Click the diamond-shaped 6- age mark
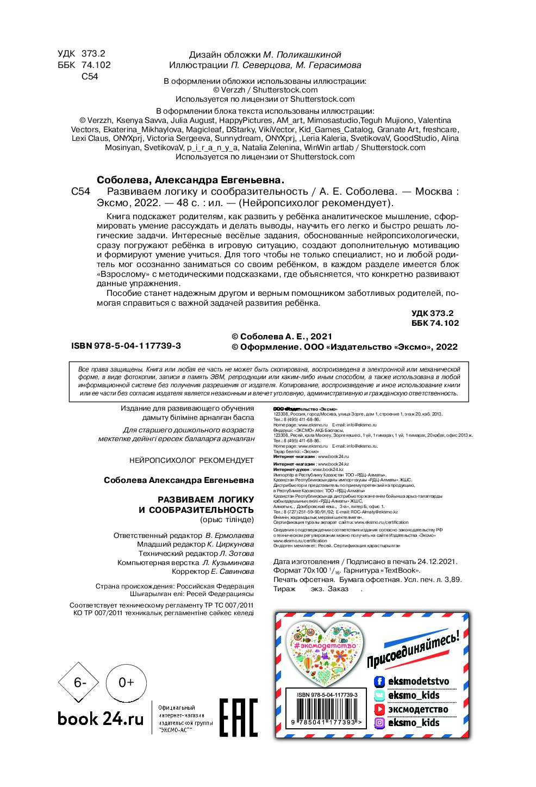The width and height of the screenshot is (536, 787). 79,683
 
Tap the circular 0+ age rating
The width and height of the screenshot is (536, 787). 126,682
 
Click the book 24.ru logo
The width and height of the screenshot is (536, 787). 101,719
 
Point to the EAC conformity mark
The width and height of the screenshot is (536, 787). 238,717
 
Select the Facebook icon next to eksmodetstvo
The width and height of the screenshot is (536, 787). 379,681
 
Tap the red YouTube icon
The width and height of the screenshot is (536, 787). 379,709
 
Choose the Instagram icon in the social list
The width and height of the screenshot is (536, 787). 379,723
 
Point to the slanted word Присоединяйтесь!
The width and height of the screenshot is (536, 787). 413,649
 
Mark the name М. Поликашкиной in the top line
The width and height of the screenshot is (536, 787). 302,54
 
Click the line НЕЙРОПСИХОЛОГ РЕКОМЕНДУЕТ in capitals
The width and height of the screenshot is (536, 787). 191,460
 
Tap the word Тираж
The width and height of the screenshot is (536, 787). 284,588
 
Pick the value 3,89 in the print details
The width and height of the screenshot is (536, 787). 452,579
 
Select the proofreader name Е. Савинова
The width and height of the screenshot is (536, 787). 232,572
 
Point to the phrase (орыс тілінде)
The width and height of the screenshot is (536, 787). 227,519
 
